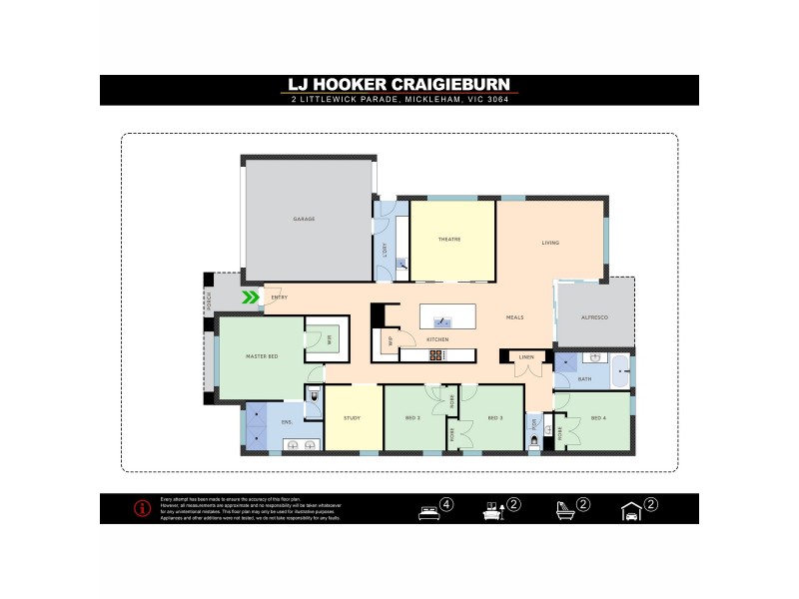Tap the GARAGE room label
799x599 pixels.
304,219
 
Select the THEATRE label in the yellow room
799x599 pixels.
448,240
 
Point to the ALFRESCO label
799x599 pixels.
595,316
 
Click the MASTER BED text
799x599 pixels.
261,356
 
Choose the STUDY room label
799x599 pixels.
352,417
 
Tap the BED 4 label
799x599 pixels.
598,417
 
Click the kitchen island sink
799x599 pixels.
444,322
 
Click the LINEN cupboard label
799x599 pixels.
527,356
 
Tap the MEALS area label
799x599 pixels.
515,316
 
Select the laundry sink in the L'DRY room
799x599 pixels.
399,265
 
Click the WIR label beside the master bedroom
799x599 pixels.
328,339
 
